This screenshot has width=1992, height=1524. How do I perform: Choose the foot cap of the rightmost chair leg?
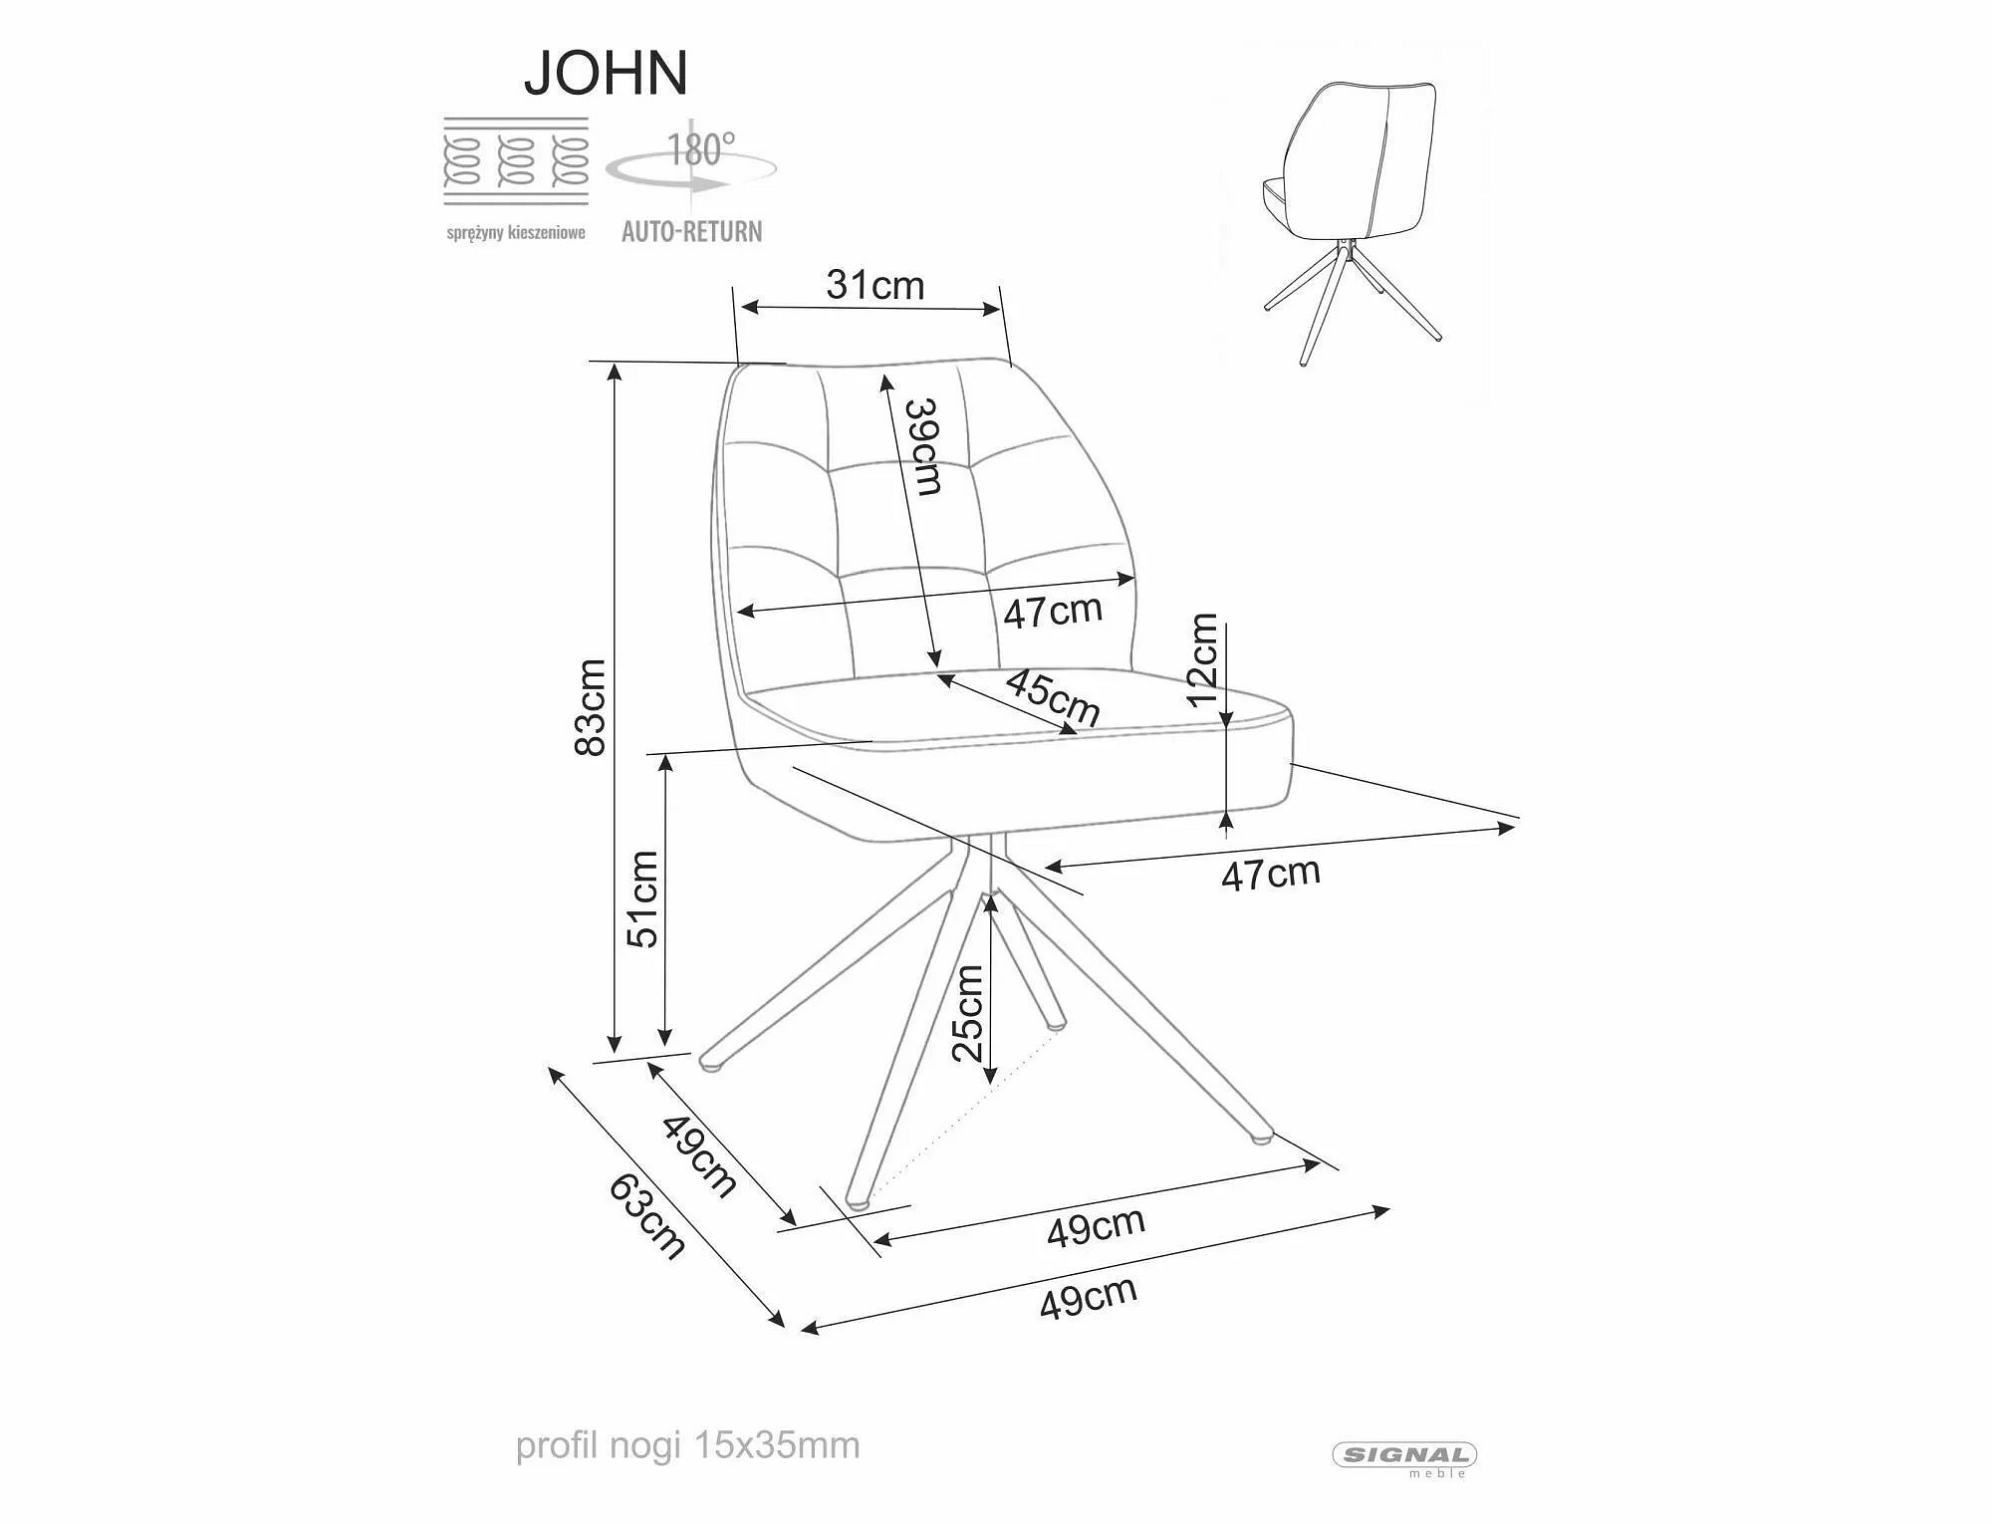[1261, 1134]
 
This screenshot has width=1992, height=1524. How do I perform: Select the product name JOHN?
[606, 73]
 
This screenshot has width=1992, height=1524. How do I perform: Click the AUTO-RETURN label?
[692, 232]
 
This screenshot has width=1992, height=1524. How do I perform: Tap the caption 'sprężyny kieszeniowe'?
[516, 233]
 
